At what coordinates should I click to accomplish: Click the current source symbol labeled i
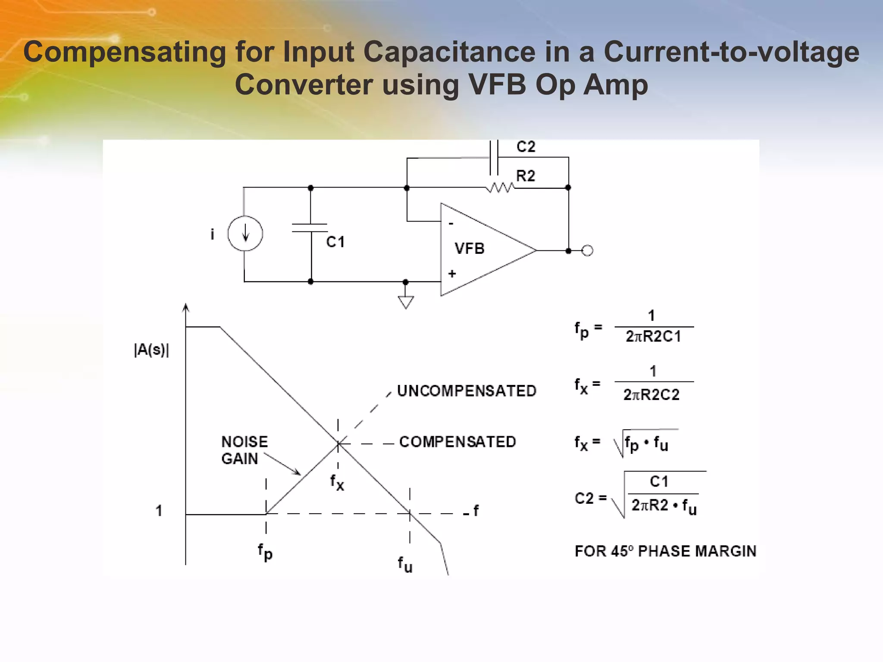point(245,234)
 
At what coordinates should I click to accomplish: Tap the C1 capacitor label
point(335,242)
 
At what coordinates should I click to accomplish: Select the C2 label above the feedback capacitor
point(526,147)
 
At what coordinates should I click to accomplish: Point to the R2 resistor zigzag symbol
point(500,188)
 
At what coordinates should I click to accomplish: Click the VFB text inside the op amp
point(470,249)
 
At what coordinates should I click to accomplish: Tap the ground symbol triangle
point(406,302)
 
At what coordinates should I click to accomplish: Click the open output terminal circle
point(587,250)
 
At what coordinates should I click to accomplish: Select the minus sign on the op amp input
point(451,224)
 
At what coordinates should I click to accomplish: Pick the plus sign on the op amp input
point(452,274)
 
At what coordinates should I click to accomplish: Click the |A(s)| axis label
point(151,350)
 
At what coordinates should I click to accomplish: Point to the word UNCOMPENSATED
point(467,391)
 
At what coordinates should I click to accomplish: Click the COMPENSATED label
point(457,442)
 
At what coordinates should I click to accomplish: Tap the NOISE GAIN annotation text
point(244,450)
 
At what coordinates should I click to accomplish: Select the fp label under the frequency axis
point(265,552)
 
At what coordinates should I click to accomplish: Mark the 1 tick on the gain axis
point(159,511)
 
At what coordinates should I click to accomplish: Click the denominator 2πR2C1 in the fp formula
point(653,337)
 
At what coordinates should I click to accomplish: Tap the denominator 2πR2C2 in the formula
point(651,394)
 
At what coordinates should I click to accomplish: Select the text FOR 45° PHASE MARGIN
point(666,551)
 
